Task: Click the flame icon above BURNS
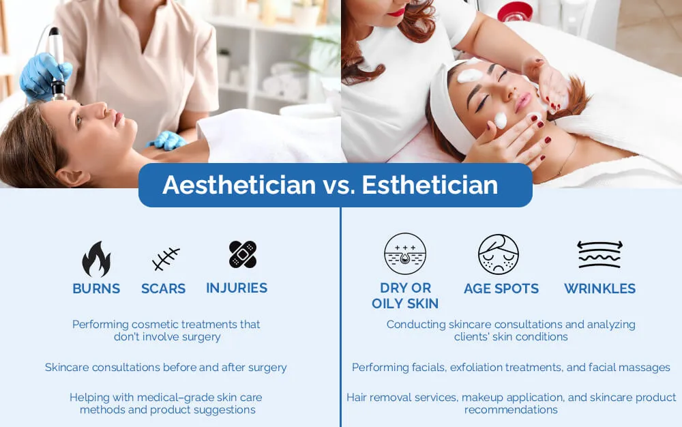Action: (96, 259)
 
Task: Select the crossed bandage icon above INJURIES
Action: (242, 254)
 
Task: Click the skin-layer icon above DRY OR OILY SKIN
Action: (405, 254)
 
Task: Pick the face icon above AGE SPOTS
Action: (499, 254)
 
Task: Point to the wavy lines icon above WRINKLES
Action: (599, 254)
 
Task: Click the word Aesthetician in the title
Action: (239, 185)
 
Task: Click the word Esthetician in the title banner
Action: (430, 185)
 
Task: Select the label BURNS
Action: (96, 289)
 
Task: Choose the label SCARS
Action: (163, 289)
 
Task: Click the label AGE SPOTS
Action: (501, 289)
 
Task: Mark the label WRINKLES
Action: (599, 289)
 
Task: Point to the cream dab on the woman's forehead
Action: (470, 74)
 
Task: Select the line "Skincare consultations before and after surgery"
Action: (166, 368)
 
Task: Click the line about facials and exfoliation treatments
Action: (511, 368)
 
